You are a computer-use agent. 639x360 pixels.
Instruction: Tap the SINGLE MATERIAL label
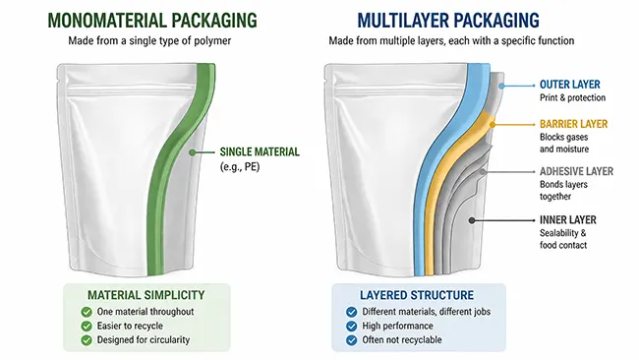[x=260, y=151]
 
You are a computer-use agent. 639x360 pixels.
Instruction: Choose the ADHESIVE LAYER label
[x=576, y=171]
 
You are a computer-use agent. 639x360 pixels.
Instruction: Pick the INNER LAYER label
[x=569, y=219]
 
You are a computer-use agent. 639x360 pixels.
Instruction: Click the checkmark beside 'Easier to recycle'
[x=87, y=326]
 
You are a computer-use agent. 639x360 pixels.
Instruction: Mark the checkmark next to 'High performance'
[x=352, y=326]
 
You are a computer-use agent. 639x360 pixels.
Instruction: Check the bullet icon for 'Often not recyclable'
[x=352, y=340]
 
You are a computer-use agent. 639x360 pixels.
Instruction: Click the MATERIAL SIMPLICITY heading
[x=145, y=295]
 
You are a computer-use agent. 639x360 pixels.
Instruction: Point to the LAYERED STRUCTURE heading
[x=418, y=295]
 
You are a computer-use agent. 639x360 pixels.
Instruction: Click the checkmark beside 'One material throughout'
[x=87, y=312]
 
